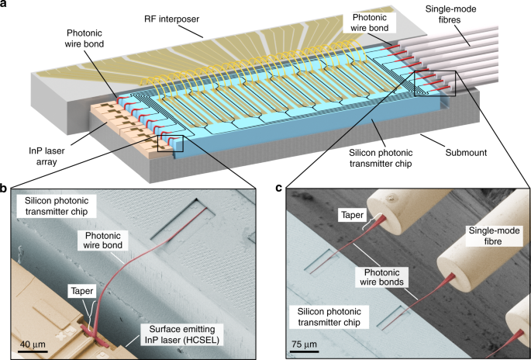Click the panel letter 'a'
click(3, 4)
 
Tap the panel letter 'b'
click(4, 188)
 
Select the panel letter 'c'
click(279, 188)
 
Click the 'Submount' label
click(466, 153)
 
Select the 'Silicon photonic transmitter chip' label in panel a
click(381, 158)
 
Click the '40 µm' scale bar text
click(30, 344)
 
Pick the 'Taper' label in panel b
click(82, 291)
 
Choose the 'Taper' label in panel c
click(352, 215)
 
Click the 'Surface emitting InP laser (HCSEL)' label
click(182, 334)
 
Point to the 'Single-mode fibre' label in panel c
click(494, 237)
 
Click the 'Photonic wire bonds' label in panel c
click(381, 277)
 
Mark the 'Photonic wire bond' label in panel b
click(103, 240)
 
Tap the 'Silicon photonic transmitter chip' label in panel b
click(57, 206)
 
